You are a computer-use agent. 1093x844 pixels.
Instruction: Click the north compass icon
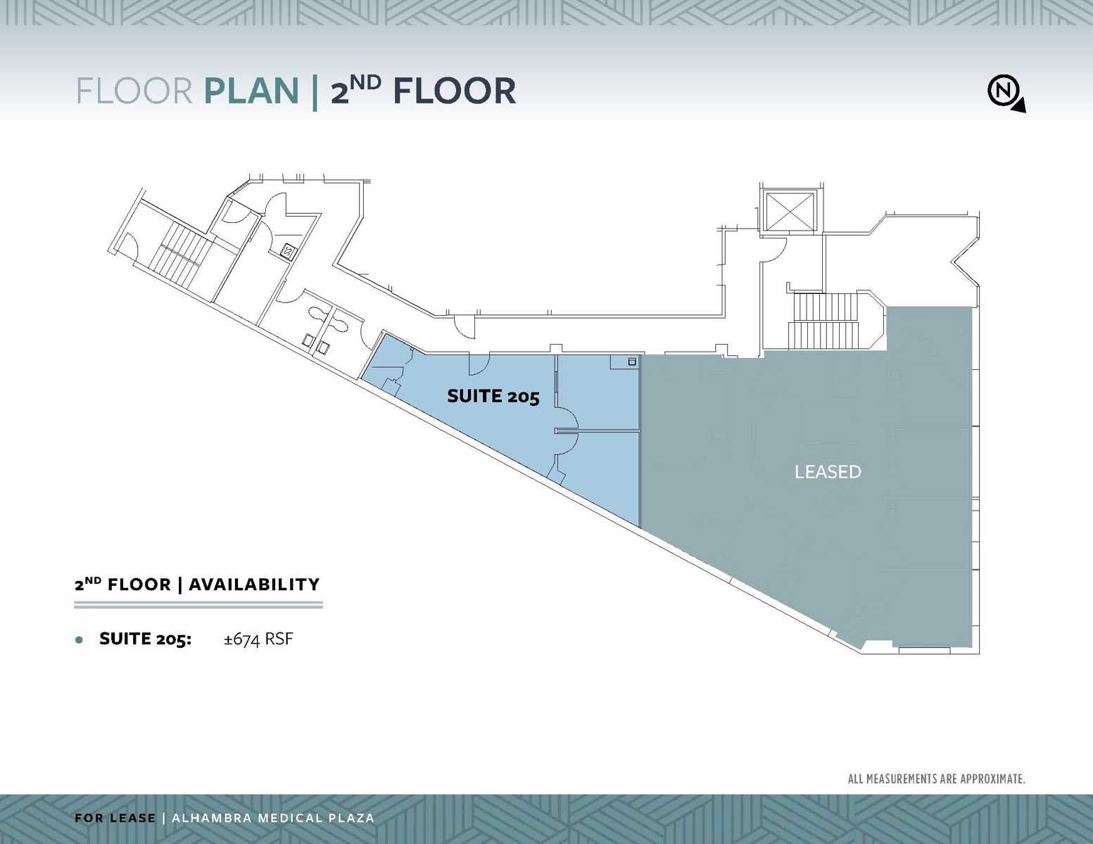[1005, 92]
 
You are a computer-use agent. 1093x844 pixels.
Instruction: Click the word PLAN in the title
[251, 91]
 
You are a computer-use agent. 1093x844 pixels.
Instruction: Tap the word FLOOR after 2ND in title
[454, 91]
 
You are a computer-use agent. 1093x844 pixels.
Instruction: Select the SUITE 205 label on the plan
[493, 397]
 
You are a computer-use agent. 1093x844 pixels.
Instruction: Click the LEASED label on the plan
[827, 472]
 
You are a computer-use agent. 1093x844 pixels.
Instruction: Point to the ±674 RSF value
[258, 639]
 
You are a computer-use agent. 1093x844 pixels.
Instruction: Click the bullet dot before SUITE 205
[79, 640]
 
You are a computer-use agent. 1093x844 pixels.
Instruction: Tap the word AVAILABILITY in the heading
[254, 584]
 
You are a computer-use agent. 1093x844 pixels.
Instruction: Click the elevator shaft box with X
[789, 210]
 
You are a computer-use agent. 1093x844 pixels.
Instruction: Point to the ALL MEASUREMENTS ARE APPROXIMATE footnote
[935, 779]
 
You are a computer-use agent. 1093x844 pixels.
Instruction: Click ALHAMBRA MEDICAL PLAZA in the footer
[273, 818]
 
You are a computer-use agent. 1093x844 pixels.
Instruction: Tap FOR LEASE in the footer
[115, 818]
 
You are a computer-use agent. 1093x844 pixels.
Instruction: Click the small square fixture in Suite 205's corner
[631, 362]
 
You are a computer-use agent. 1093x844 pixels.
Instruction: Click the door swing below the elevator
[772, 249]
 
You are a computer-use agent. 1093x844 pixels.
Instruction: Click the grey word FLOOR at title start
[134, 91]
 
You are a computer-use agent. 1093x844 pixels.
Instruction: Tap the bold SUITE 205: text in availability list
[145, 639]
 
